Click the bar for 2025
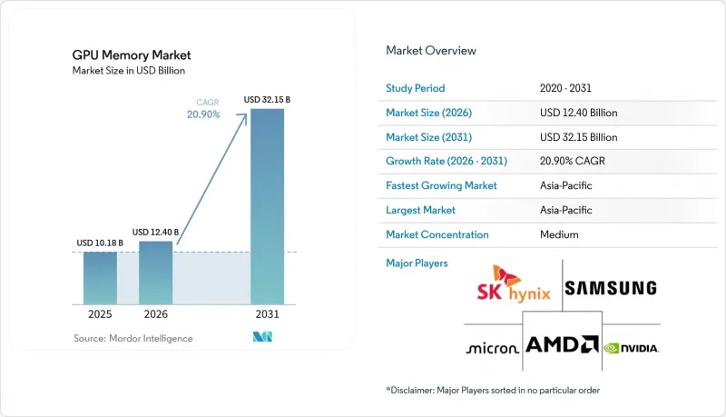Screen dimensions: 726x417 click(100, 278)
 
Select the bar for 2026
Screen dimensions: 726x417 click(155, 273)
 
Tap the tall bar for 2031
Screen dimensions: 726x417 click(267, 206)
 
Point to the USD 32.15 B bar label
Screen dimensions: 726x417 click(267, 100)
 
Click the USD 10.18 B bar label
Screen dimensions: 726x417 click(100, 243)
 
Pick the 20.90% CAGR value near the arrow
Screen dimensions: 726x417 click(203, 114)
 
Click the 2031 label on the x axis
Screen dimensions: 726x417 click(267, 314)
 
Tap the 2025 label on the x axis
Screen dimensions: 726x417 click(100, 314)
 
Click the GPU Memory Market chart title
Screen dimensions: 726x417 click(132, 55)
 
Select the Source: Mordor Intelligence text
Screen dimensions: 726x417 click(132, 338)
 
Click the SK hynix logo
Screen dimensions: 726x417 click(514, 284)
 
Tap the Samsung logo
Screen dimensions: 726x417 click(611, 288)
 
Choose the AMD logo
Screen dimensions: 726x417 click(562, 344)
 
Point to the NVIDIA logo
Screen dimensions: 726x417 click(631, 348)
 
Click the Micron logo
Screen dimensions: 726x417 click(492, 348)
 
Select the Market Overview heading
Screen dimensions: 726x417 click(431, 51)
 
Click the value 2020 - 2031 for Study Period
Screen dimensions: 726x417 click(565, 88)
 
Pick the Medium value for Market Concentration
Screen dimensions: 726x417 click(559, 234)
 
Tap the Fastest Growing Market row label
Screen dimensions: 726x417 click(441, 185)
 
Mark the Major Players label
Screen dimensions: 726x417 click(417, 263)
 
